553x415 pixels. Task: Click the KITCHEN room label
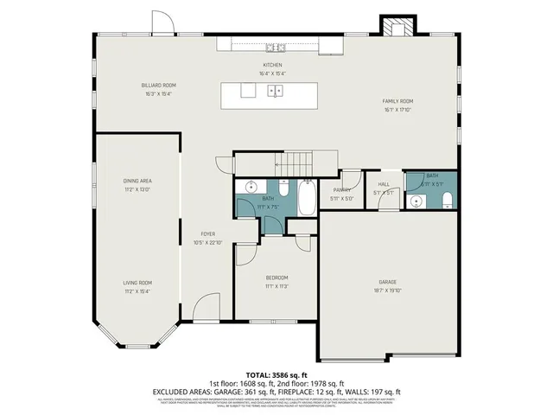273,65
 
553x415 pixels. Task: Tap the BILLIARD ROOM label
159,85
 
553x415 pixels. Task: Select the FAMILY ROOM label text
398,101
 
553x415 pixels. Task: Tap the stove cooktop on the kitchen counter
275,47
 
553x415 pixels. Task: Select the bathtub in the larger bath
305,198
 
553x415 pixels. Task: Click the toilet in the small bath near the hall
447,201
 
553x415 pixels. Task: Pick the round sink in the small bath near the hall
417,201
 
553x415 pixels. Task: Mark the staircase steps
296,163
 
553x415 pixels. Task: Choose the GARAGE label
386,282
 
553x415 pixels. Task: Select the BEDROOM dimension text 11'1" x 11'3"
276,286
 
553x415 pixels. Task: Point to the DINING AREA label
137,180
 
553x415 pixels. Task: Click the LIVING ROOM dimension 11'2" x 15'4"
137,291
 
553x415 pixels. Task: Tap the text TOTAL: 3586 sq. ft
276,374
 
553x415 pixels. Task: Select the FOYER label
208,234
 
